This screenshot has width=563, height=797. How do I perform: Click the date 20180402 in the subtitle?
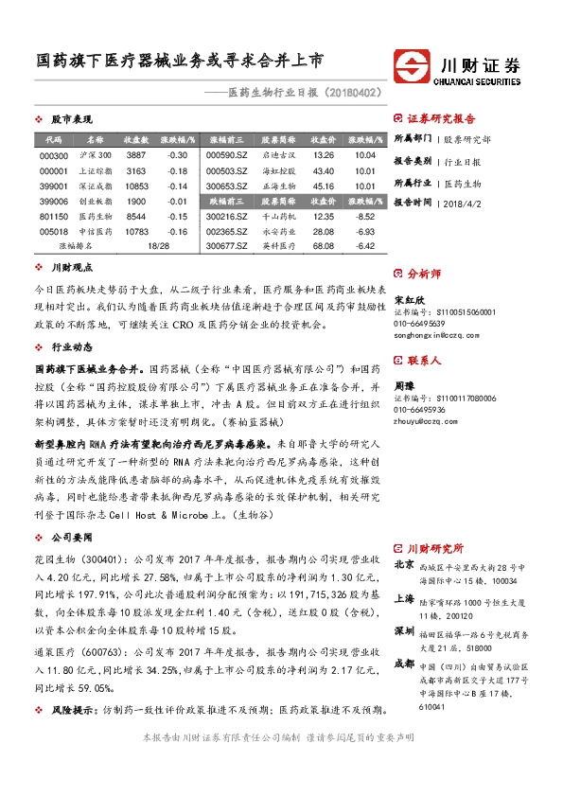tap(353, 94)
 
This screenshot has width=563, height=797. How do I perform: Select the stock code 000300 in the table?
tap(56, 155)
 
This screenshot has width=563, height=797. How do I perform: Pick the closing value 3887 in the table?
tap(136, 155)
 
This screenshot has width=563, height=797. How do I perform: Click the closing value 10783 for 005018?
tap(137, 233)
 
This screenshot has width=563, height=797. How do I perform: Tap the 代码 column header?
tap(53, 139)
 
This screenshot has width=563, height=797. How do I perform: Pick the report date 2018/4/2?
tap(460, 203)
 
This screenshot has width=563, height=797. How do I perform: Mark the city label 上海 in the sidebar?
tap(404, 598)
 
